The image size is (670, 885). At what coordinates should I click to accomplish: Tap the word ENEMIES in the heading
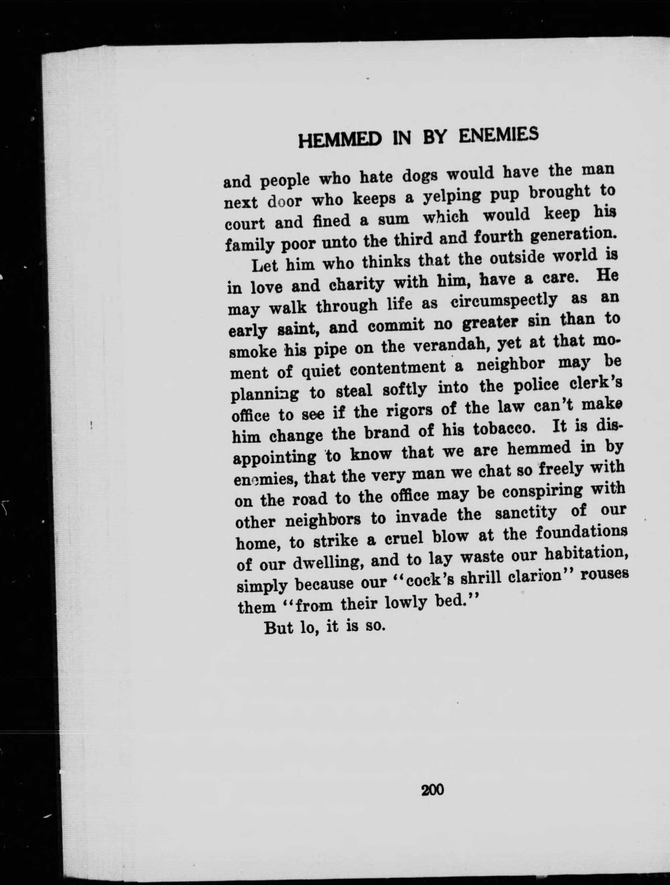[498, 136]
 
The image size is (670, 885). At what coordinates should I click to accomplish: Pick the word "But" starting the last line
[279, 628]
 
